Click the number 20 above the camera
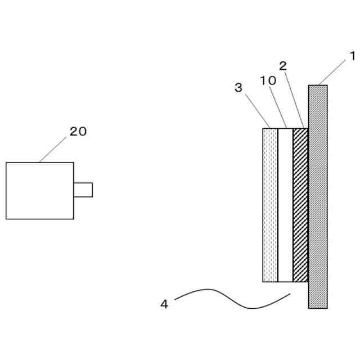(78, 131)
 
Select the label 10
(268, 80)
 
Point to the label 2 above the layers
(283, 66)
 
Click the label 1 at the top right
(352, 56)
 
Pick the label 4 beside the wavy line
(164, 304)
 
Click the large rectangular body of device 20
(39, 191)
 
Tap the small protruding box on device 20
(83, 190)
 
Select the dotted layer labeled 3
(271, 205)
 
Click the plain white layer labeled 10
(286, 205)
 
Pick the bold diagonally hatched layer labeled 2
(300, 205)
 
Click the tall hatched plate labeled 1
(317, 197)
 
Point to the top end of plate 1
(317, 87)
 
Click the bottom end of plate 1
(317, 307)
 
